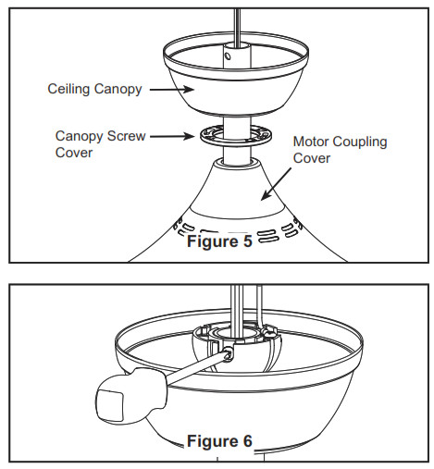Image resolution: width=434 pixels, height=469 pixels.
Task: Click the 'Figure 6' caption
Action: point(219,440)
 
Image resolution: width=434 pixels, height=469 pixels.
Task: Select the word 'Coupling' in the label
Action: point(356,142)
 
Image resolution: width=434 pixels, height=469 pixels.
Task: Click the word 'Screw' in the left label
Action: point(127,135)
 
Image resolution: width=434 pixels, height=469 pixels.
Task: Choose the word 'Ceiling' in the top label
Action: point(69,90)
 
